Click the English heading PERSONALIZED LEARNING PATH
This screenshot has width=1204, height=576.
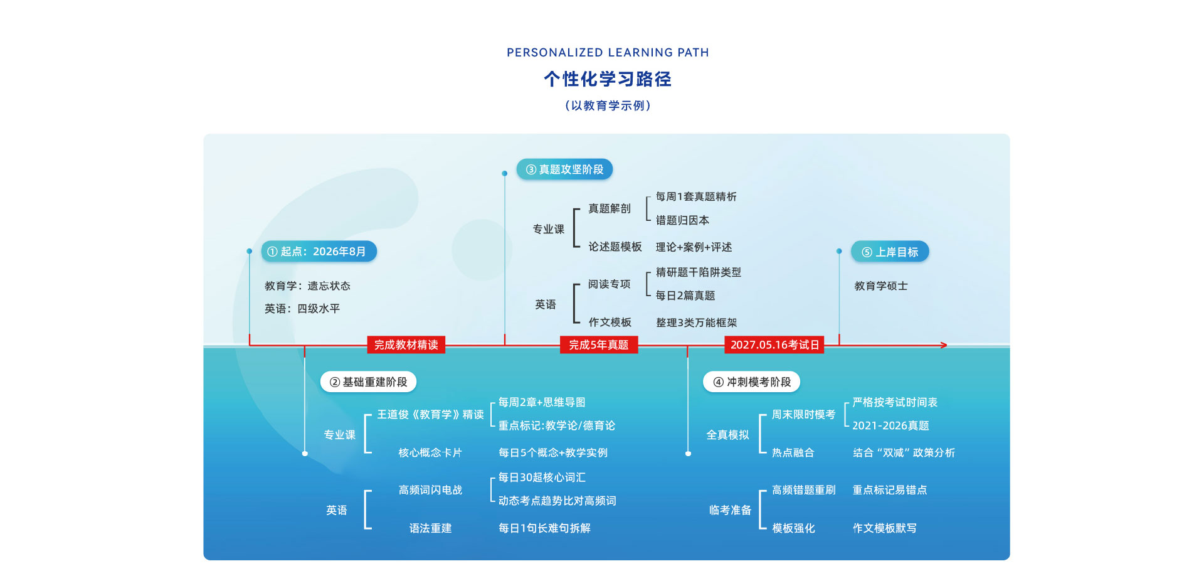608,53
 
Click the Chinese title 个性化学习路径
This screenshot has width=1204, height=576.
608,79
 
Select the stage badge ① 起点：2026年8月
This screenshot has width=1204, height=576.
319,252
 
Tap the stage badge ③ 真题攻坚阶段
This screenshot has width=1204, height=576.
564,169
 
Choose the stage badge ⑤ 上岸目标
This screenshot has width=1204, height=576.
890,252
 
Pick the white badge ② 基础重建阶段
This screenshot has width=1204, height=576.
368,382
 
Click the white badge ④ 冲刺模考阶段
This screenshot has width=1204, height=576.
752,382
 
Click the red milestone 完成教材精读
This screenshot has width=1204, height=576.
406,345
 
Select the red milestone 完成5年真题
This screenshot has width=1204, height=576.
599,345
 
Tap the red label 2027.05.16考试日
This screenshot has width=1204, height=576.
774,345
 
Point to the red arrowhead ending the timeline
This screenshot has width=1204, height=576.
943,345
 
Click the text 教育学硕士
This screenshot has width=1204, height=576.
881,286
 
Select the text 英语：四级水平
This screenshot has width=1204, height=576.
302,309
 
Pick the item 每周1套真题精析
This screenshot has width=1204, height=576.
696,197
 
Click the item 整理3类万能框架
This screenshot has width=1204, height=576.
696,323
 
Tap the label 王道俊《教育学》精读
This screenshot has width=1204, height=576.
430,415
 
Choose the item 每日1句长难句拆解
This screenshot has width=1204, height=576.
544,528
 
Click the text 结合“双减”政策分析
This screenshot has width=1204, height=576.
904,453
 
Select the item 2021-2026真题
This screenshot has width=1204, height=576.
890,425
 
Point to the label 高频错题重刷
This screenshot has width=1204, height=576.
804,490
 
